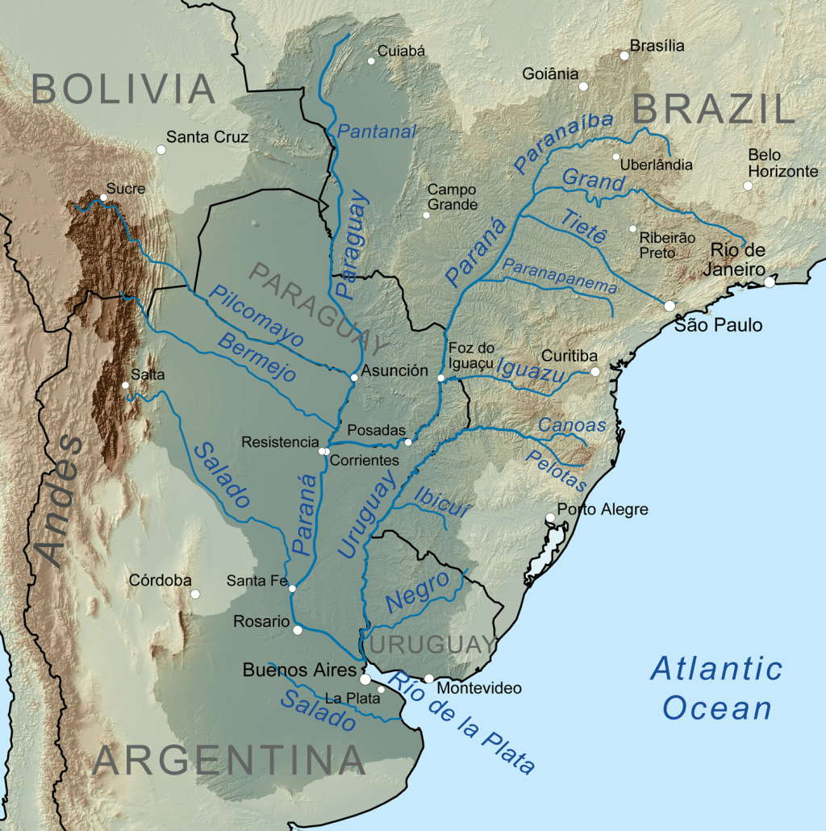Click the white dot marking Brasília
click(x=624, y=56)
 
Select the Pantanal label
click(x=377, y=132)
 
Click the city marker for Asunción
click(x=354, y=378)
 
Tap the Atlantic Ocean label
click(x=716, y=688)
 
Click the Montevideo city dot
click(x=428, y=679)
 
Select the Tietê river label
click(x=582, y=225)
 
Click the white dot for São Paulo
click(x=669, y=306)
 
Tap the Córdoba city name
click(x=160, y=581)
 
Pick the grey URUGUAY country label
click(x=433, y=645)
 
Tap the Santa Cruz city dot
click(x=161, y=149)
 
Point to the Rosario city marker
click(x=298, y=630)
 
